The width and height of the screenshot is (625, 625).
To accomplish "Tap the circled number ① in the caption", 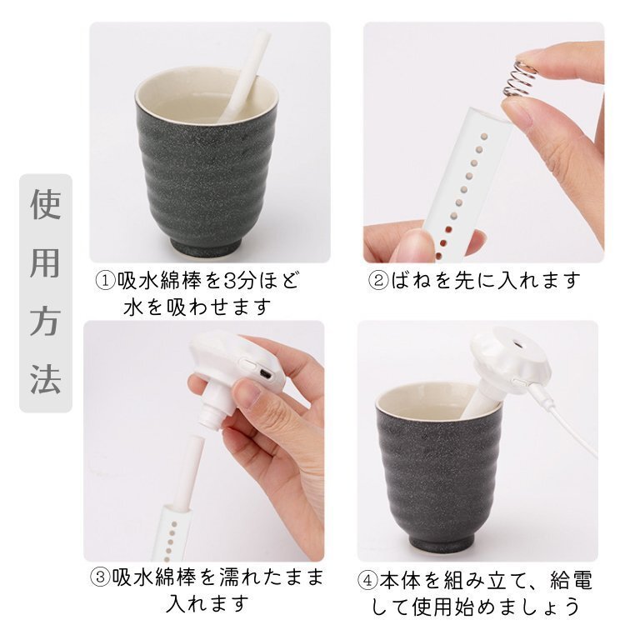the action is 106,281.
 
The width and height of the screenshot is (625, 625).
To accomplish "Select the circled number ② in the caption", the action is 378,281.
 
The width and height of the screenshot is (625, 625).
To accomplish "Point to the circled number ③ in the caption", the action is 100,577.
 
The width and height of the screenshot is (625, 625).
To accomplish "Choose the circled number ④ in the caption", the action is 367,580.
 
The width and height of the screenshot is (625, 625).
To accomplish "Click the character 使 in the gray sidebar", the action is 46,204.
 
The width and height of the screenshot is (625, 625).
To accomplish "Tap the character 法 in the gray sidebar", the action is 46,379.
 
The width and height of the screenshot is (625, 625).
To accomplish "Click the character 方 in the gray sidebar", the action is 46,322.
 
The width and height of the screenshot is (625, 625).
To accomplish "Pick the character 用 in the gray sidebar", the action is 46,263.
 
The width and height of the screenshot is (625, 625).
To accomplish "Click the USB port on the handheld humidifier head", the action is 265,374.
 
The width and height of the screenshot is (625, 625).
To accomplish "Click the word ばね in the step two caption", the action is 411,281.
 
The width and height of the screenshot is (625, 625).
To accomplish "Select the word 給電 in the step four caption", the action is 571,580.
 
